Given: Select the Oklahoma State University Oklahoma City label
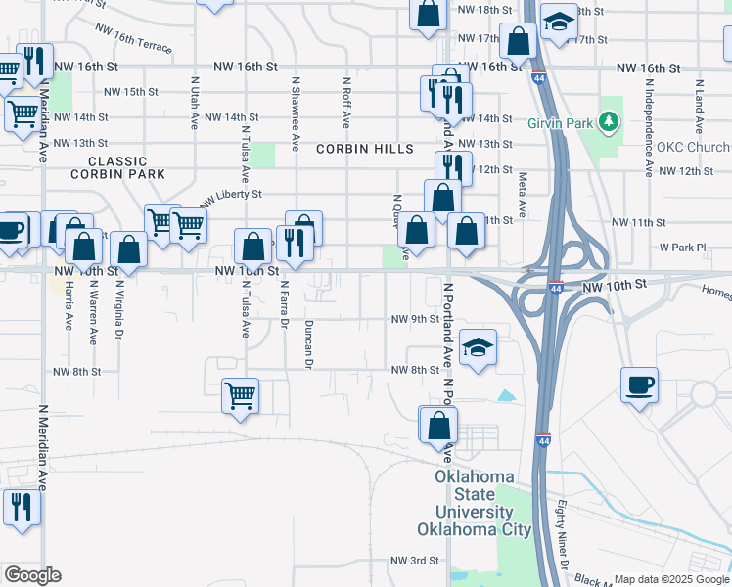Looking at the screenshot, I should click(475, 503).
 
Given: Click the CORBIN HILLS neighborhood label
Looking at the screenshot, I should click(364, 149).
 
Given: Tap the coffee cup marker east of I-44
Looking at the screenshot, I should click(639, 385).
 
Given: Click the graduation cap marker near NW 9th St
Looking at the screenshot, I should click(477, 348).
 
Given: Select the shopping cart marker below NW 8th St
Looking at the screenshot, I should click(240, 396).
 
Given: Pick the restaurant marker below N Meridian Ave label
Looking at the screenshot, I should click(18, 507).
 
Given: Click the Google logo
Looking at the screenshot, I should click(32, 575).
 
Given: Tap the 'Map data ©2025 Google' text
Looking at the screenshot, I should click(671, 579).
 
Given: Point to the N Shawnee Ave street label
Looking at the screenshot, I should click(295, 115).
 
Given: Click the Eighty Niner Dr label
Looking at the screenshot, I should click(563, 537).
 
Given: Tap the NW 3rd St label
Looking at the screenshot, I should click(414, 561).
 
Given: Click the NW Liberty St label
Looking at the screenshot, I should click(232, 199).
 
